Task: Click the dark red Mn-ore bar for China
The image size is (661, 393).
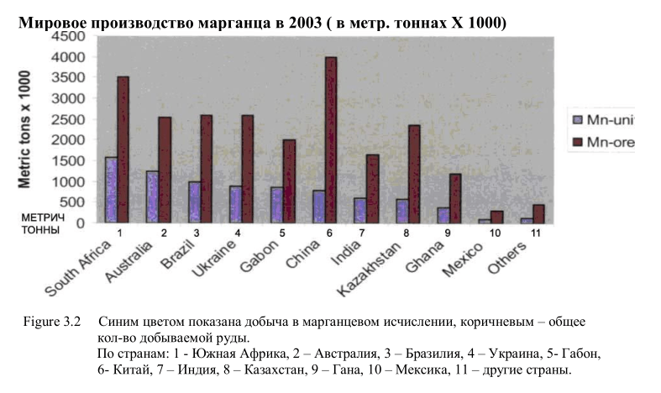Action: (331, 140)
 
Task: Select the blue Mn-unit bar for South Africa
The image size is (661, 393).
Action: (111, 190)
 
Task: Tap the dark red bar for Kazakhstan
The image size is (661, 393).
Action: (413, 174)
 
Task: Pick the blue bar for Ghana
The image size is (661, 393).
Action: (443, 215)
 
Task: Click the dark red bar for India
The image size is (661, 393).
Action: (372, 189)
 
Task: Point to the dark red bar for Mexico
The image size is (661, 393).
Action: (497, 217)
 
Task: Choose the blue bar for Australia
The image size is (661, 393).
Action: (152, 196)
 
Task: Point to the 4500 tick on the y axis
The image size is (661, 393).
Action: (68, 37)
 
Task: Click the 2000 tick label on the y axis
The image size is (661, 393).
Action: (68, 140)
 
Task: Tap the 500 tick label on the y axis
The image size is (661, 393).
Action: (74, 202)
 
